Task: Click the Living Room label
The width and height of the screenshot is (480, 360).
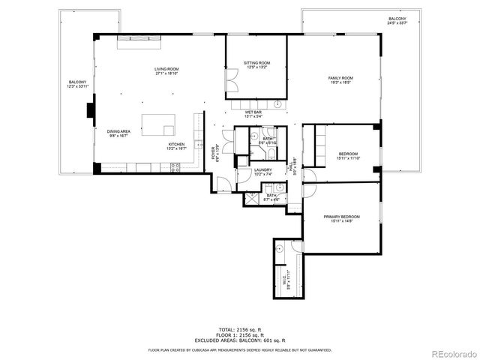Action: pos(166,71)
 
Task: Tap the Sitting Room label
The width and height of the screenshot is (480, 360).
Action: pos(256,65)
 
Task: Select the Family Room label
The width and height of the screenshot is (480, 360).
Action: pos(340,80)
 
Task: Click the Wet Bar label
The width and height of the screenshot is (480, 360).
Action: pos(253,114)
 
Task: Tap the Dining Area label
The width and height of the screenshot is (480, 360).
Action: pos(118,133)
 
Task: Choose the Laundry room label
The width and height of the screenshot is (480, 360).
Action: pos(262,172)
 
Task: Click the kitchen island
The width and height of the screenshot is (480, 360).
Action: pos(159,124)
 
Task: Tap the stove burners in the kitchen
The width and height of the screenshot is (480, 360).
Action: pos(174,169)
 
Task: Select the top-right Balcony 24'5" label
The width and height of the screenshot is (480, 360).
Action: pos(397,21)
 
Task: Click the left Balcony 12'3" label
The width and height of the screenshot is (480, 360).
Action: pos(77,84)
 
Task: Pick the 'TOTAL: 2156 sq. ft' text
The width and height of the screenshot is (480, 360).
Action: pos(239,329)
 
